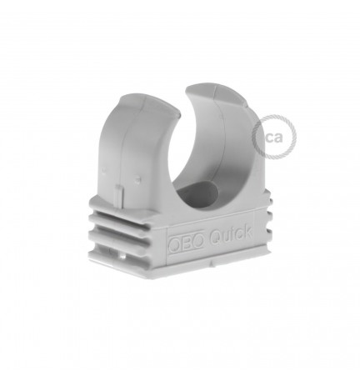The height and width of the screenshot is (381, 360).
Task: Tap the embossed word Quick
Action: coord(231,235)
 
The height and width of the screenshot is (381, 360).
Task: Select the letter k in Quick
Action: coord(248,232)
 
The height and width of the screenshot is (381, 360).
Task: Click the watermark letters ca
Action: coord(273,137)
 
